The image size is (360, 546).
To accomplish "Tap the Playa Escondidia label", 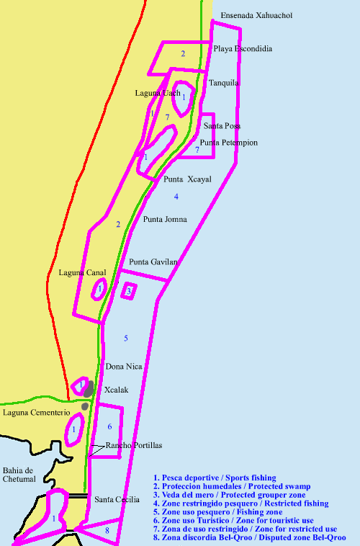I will click(243, 49).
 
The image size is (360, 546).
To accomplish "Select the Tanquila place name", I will click(224, 83).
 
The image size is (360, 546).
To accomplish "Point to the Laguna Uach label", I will click(158, 93).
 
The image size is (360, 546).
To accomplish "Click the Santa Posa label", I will click(222, 125).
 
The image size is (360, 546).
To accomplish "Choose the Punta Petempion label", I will click(229, 143).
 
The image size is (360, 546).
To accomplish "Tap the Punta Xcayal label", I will click(188, 179).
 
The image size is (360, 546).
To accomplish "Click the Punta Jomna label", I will click(165, 219).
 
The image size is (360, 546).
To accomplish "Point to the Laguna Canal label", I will click(82, 272).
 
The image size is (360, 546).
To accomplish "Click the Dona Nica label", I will click(125, 367).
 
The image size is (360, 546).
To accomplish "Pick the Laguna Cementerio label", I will click(36, 413).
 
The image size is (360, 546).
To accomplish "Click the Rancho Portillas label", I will click(134, 446).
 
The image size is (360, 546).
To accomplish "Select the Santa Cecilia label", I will click(117, 499).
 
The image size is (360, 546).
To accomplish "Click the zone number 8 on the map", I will click(107, 531).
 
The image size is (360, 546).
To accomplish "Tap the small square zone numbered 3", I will click(128, 291).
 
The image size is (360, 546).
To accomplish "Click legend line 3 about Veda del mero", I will click(229, 496).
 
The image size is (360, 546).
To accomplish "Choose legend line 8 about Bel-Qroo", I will click(249, 537).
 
